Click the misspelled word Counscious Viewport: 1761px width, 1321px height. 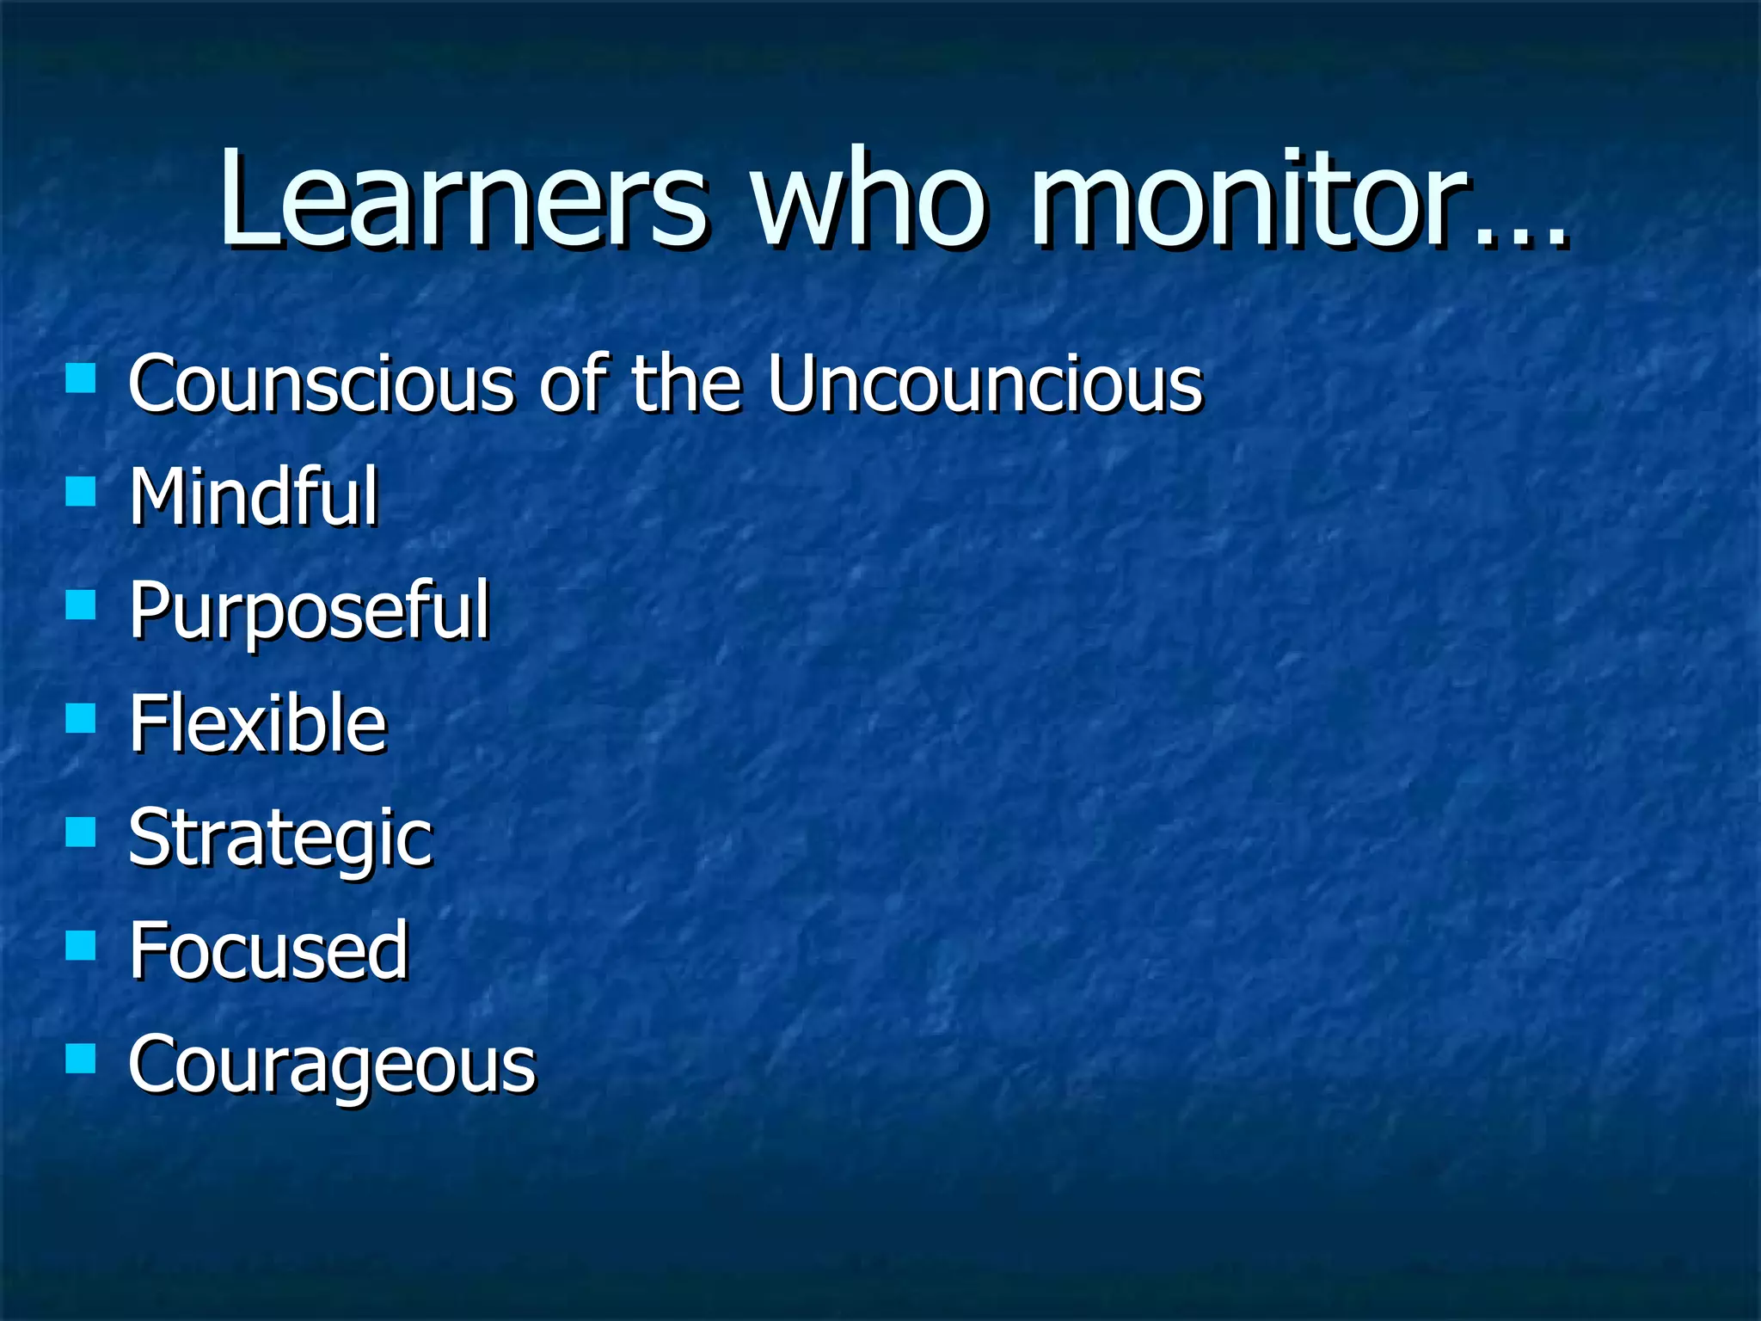pyautogui.click(x=321, y=384)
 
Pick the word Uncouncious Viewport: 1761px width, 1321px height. pyautogui.click(x=985, y=384)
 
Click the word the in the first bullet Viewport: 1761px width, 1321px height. pyautogui.click(x=686, y=384)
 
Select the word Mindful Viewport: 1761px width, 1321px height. pyautogui.click(x=254, y=496)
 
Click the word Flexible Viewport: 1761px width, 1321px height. pyautogui.click(x=258, y=723)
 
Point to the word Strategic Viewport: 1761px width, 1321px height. pyautogui.click(x=280, y=838)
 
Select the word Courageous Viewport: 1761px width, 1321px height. pyautogui.click(x=332, y=1065)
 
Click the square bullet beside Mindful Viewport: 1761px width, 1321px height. pyautogui.click(x=81, y=492)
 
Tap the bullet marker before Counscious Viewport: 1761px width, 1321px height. pyautogui.click(x=81, y=378)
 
